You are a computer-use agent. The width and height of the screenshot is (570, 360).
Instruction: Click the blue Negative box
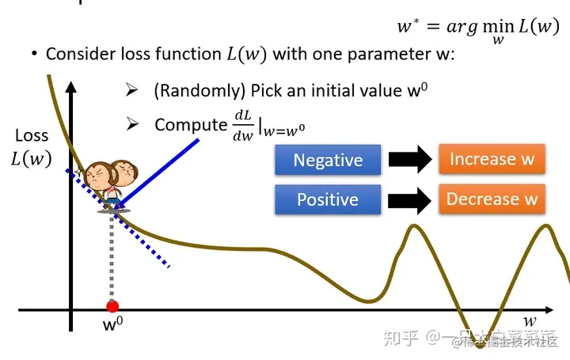pyautogui.click(x=328, y=160)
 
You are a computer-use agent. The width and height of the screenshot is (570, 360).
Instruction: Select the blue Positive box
pyautogui.click(x=328, y=199)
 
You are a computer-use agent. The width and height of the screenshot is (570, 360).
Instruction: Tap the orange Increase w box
pyautogui.click(x=492, y=159)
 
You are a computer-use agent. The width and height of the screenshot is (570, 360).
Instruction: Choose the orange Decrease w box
pyautogui.click(x=492, y=199)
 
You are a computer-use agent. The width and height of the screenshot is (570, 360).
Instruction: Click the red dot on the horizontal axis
pyautogui.click(x=112, y=306)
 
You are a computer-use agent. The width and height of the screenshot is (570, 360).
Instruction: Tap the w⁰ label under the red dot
pyautogui.click(x=113, y=324)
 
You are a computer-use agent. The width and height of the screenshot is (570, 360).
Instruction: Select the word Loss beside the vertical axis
pyautogui.click(x=32, y=135)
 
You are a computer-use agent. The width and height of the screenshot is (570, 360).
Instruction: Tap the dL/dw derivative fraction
pyautogui.click(x=242, y=125)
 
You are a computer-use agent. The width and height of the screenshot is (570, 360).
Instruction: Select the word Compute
pyautogui.click(x=190, y=124)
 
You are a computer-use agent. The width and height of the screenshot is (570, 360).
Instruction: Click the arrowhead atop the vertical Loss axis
pyautogui.click(x=71, y=81)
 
